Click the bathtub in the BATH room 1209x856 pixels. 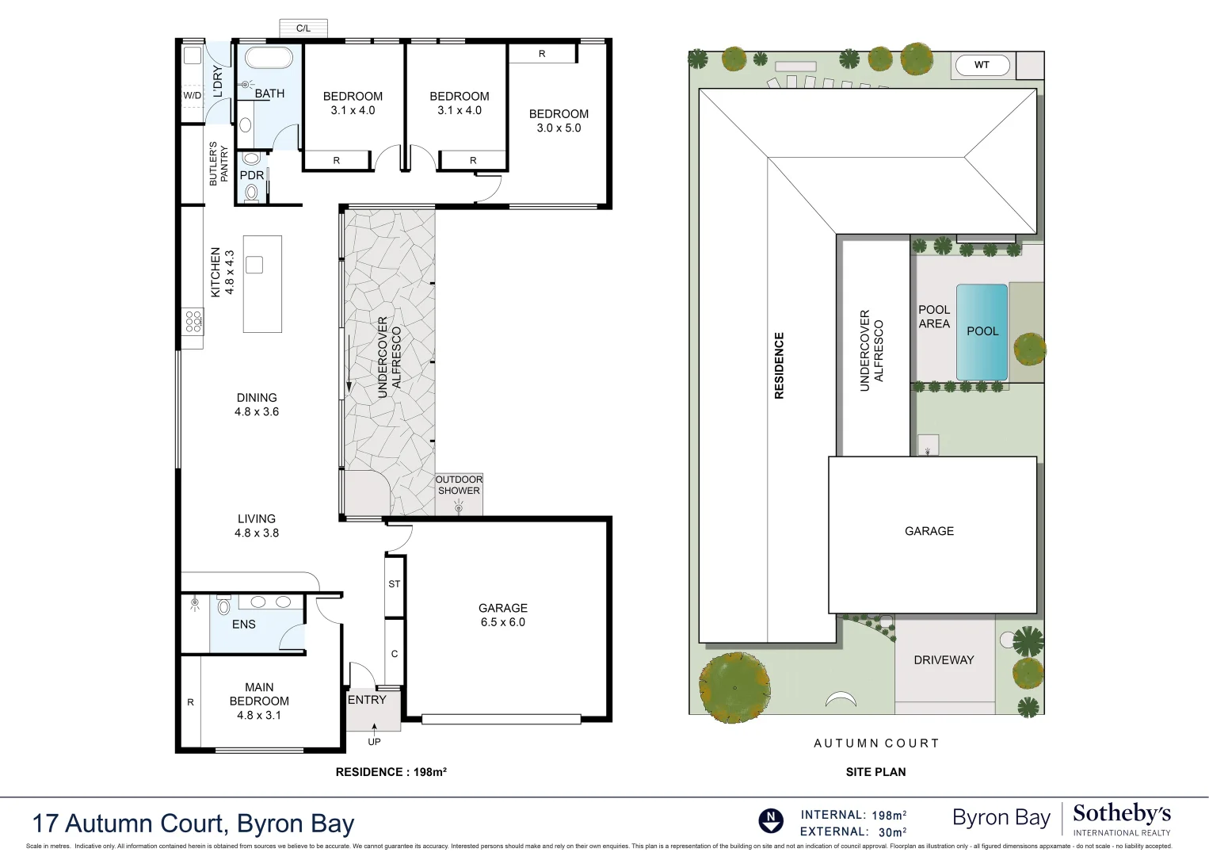[x=269, y=59]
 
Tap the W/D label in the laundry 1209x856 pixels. [x=193, y=96]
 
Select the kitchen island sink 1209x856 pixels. [x=254, y=265]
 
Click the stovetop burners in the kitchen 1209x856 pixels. [x=193, y=321]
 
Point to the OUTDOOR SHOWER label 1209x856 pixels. [x=459, y=485]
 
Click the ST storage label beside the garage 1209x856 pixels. [x=395, y=584]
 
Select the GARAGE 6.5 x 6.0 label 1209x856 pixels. [x=502, y=615]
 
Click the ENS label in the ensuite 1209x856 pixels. [x=244, y=625]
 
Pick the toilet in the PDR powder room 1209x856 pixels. [x=251, y=192]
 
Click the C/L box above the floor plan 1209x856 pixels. [x=303, y=29]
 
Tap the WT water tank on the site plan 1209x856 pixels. [x=982, y=65]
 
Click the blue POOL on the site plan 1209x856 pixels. [x=982, y=331]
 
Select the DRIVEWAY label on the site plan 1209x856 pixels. [x=944, y=660]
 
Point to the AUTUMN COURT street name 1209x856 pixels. [x=876, y=743]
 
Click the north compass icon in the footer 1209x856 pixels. [x=770, y=820]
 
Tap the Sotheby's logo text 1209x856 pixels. [x=1121, y=815]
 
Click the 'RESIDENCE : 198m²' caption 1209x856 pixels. [x=391, y=772]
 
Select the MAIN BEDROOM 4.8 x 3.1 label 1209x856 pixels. [x=259, y=701]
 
